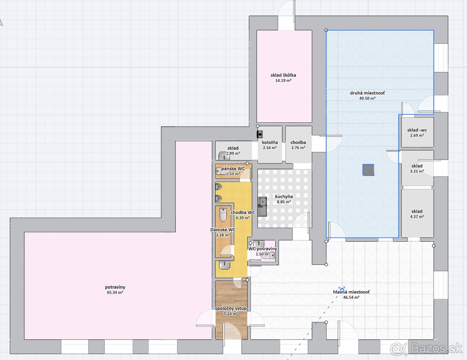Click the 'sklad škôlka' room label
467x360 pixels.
283,75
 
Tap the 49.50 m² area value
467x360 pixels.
367,98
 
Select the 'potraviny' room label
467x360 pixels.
115,287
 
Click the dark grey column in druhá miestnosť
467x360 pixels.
369,170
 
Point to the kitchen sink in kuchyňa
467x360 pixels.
262,206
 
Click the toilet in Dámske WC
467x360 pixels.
223,214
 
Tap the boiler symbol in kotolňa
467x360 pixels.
260,134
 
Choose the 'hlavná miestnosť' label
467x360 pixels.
351,292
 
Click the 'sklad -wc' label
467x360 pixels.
417,130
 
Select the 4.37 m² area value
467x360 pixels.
417,217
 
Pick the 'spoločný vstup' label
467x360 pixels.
231,308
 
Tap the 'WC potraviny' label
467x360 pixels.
263,249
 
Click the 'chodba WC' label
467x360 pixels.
243,212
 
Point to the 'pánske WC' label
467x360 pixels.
233,169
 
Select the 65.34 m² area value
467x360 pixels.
115,292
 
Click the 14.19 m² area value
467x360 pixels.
283,81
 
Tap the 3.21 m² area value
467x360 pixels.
417,171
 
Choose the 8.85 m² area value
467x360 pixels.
284,202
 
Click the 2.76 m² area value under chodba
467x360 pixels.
298,148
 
